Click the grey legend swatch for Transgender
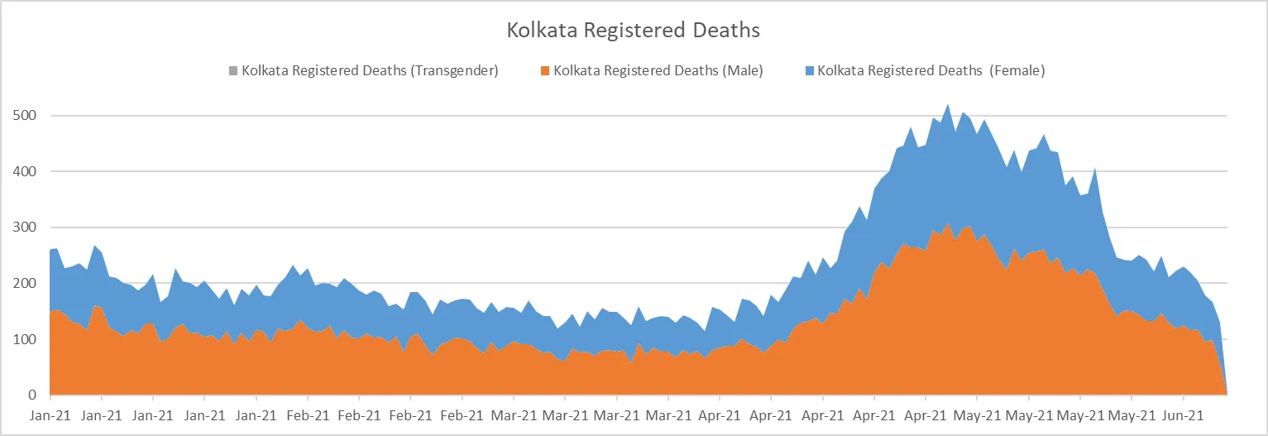(x=233, y=70)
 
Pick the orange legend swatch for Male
(x=546, y=70)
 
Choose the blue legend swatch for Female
(x=810, y=70)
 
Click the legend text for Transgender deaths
(x=370, y=70)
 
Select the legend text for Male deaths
(x=658, y=70)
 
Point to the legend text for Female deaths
(x=931, y=70)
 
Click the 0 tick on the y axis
(x=34, y=395)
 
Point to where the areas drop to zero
(x=1227, y=394)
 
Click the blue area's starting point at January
(x=50, y=249)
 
